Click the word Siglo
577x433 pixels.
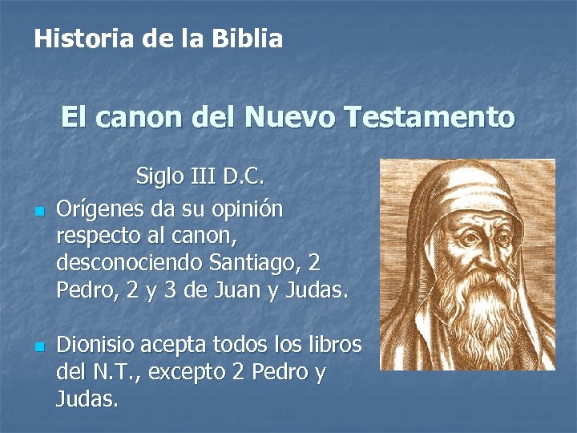tap(160, 175)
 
